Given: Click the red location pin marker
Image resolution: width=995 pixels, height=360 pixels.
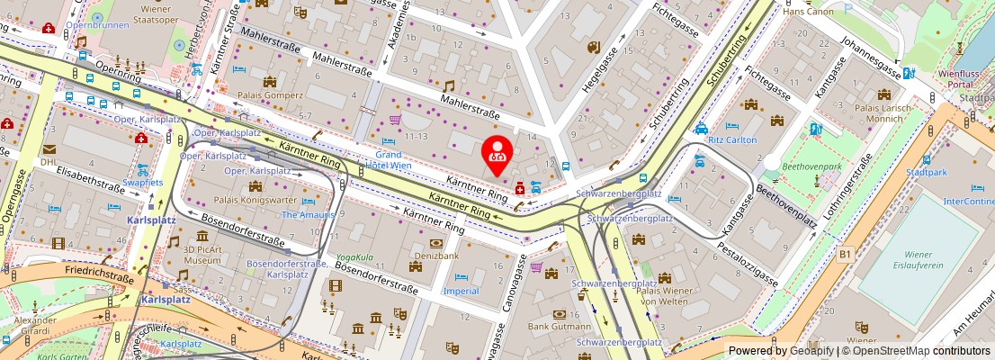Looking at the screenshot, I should pyautogui.click(x=497, y=153).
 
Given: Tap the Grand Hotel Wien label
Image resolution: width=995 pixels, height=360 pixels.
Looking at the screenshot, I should pyautogui.click(x=389, y=160).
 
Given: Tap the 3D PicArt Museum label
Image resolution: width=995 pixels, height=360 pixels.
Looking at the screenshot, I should pyautogui.click(x=195, y=255).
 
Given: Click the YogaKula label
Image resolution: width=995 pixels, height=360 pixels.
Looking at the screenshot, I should pyautogui.click(x=354, y=256).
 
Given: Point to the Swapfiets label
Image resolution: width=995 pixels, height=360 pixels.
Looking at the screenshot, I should pyautogui.click(x=143, y=182).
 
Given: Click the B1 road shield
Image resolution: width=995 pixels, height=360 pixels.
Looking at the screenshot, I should pyautogui.click(x=845, y=255).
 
